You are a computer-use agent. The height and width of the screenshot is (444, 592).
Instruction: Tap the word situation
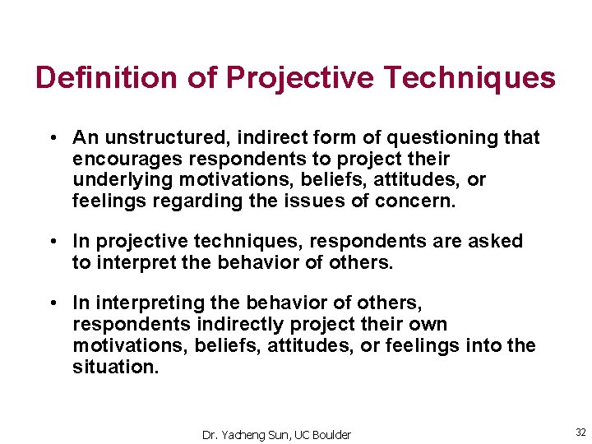pyautogui.click(x=115, y=368)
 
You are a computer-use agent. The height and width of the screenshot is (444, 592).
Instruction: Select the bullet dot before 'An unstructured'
pyautogui.click(x=52, y=138)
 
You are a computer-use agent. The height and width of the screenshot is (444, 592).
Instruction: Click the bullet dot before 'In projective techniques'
pyautogui.click(x=52, y=242)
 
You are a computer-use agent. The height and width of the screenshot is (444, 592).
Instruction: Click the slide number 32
pyautogui.click(x=580, y=432)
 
